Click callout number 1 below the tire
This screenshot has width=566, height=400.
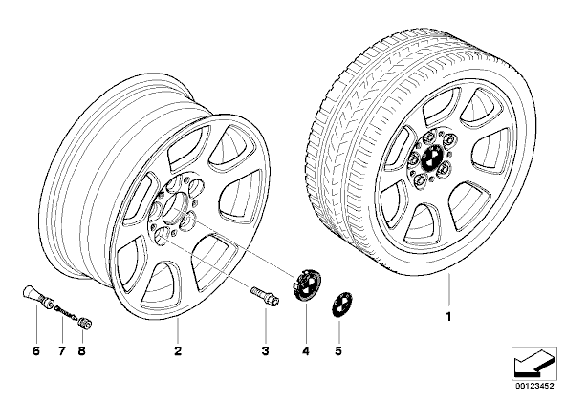(x=448, y=317)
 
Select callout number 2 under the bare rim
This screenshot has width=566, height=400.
(x=178, y=350)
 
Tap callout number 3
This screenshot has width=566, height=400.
(x=266, y=350)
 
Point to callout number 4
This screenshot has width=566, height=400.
(x=306, y=350)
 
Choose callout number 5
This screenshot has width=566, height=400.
(x=338, y=350)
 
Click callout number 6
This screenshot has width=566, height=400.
(x=36, y=350)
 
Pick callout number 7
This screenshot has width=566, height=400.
(x=62, y=350)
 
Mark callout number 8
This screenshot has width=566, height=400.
(x=81, y=350)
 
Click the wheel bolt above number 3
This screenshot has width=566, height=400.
(x=266, y=296)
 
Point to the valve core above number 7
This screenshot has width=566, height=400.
(x=66, y=312)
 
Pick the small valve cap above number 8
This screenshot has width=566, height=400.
(x=85, y=322)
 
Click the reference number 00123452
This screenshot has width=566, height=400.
(x=534, y=387)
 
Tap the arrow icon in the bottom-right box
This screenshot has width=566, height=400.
(x=534, y=363)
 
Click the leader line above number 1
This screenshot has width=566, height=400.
(x=449, y=291)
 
